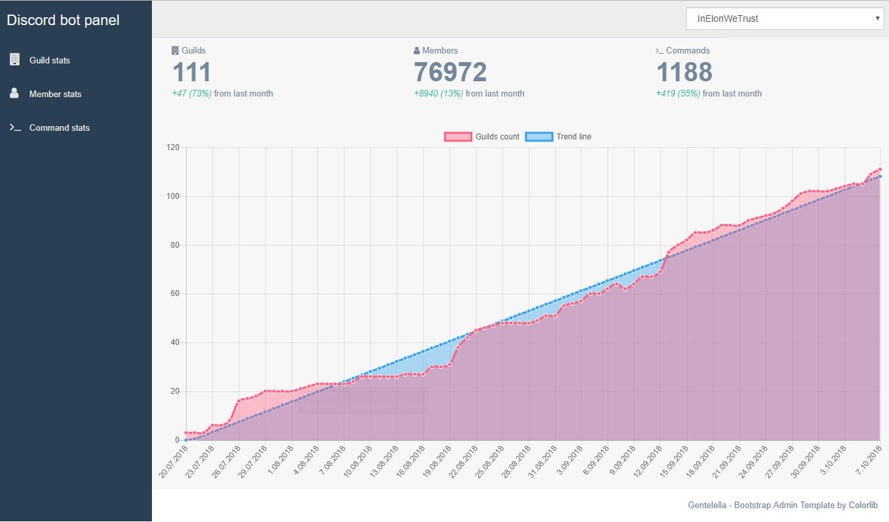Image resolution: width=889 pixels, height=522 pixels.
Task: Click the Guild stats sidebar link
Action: [50, 60]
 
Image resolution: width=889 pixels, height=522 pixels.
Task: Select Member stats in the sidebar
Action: [55, 94]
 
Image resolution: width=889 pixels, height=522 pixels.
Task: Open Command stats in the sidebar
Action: [59, 128]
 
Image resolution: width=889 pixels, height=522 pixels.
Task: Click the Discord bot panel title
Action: [63, 20]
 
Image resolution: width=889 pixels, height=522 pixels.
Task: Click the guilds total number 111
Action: [192, 72]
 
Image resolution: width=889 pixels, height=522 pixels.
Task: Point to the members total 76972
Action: [450, 72]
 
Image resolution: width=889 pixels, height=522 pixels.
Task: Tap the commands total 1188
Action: [684, 72]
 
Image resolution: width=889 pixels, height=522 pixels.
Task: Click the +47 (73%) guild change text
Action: [192, 94]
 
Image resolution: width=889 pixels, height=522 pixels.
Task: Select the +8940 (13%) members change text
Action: [439, 94]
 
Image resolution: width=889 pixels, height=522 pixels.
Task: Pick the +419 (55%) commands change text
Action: [678, 94]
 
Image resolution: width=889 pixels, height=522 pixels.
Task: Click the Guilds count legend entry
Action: [482, 137]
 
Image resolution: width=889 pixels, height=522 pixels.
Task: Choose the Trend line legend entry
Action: [558, 137]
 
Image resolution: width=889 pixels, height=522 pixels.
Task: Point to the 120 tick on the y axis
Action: [173, 147]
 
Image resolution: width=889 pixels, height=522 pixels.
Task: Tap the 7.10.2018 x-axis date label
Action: [871, 459]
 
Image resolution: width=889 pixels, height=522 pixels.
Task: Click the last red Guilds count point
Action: [880, 169]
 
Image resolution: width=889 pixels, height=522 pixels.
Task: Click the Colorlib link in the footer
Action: [863, 505]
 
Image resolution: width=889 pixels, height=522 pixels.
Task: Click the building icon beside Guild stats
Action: [15, 59]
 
